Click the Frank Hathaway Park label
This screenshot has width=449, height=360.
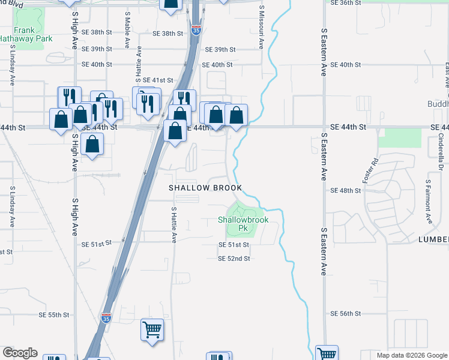coord(25,34)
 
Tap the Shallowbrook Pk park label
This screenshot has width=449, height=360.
coord(243,224)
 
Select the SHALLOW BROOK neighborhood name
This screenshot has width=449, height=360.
coord(205,188)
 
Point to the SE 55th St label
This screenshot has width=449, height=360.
coord(59,315)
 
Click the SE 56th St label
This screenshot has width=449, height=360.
coord(345,314)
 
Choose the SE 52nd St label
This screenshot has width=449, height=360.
coord(234,258)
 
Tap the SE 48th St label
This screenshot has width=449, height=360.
coord(346,190)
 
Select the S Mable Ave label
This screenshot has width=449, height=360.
coord(127,29)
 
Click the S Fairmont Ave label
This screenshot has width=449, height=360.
coord(428,198)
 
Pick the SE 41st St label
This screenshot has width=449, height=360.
coord(158,80)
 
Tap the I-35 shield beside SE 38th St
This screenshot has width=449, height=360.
coord(196,29)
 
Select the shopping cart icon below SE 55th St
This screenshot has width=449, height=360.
coord(152,329)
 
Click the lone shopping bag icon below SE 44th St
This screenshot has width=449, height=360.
coord(92,144)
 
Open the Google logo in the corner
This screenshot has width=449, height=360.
coord(20,353)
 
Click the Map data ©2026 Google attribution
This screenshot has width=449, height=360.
coord(411,355)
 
